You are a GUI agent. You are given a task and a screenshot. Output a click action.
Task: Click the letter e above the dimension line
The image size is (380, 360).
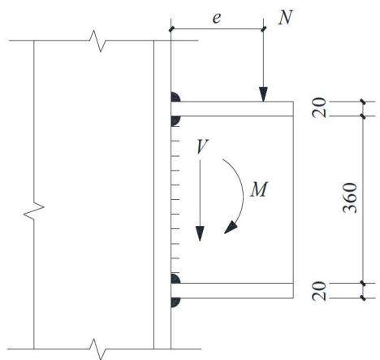217,19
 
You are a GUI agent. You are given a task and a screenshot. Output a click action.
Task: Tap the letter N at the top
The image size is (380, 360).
286,18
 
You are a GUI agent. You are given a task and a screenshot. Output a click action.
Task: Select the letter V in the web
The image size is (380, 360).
202,146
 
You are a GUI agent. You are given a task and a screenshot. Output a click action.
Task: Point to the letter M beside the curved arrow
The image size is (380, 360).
259,189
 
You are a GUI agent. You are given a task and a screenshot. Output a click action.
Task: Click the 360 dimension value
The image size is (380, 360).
350,198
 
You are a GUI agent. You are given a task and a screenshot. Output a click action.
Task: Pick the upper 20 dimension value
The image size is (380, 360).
319,107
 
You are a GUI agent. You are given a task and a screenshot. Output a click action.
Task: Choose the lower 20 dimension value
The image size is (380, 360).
319,291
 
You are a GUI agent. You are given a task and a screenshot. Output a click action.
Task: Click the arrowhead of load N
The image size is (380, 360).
263,94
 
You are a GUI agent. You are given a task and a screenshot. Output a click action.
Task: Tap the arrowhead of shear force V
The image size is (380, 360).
200,233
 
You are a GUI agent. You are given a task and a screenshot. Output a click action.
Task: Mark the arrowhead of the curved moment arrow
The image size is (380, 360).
231,228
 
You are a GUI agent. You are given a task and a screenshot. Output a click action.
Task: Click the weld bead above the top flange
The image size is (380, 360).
175,97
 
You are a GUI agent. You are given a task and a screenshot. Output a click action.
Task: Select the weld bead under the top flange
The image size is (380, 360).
175,121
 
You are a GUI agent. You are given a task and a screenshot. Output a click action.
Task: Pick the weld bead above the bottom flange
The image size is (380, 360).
175,279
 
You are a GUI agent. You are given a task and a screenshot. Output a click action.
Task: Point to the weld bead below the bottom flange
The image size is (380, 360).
175,302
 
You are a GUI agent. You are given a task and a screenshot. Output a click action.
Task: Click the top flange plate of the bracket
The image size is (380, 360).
232,109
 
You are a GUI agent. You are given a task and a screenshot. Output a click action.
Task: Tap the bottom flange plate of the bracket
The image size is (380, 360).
232,291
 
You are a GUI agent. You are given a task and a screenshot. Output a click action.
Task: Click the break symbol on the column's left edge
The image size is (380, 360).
34,210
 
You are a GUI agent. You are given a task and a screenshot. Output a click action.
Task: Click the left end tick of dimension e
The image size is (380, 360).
171,29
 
